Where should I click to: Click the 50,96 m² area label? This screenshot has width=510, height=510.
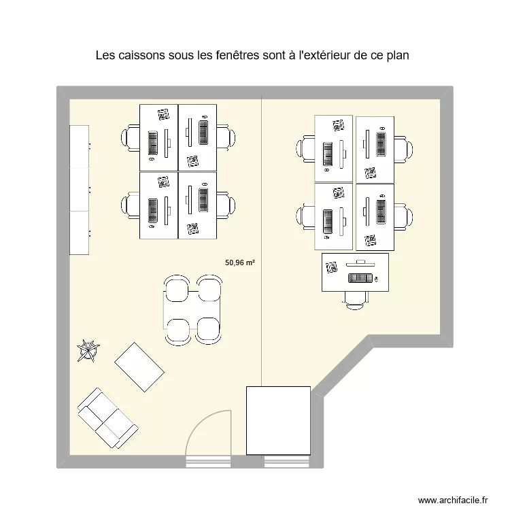[x=240, y=260]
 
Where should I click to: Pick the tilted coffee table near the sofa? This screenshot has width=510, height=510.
[x=139, y=367]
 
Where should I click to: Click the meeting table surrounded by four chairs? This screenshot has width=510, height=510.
[x=192, y=309]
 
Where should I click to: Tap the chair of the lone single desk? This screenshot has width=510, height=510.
[x=356, y=297]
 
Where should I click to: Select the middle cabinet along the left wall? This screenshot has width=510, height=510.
[x=80, y=189]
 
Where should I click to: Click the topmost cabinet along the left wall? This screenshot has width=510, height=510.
[x=80, y=146]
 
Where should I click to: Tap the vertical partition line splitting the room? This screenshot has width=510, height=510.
[x=262, y=238]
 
